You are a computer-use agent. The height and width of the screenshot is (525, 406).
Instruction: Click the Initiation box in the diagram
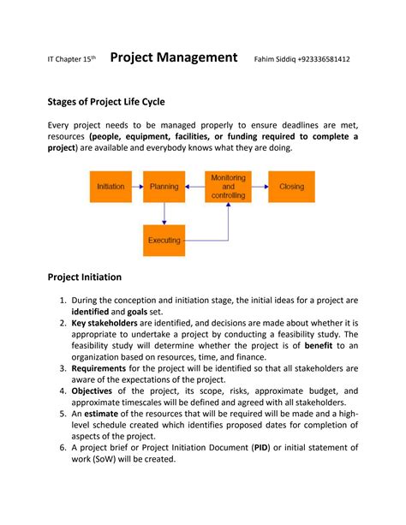coord(111,186)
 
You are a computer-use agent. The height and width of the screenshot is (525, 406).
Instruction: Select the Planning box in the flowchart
coord(164,186)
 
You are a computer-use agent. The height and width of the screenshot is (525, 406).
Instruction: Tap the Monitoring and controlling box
coord(228,186)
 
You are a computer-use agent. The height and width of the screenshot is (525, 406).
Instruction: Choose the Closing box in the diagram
coord(290,186)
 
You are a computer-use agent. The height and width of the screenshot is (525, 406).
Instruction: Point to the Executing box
coord(164,240)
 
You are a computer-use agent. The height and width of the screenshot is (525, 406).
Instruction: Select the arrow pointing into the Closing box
coord(260,186)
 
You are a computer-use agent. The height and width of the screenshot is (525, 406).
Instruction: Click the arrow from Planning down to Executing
coord(164,213)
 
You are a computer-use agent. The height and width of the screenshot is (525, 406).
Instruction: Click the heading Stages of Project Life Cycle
coord(105,101)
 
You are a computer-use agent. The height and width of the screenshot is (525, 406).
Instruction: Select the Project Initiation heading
coord(84,277)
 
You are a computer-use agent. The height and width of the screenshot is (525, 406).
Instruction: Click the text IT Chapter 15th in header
coord(71,59)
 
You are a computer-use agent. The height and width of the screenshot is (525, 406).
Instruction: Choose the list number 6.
coord(63,447)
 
